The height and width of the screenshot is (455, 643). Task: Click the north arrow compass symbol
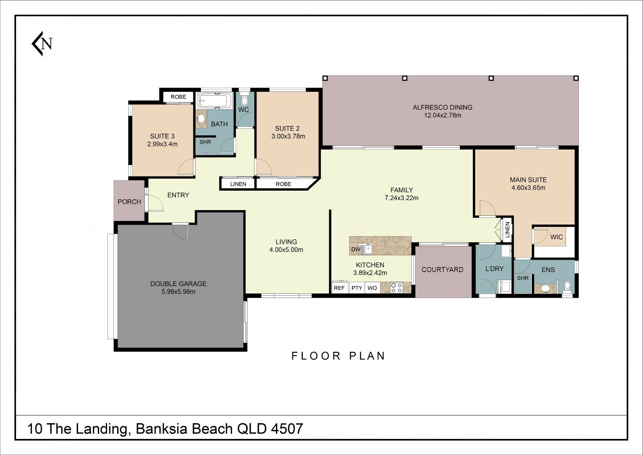pos(43,44)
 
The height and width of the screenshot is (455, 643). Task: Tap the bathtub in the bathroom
pos(215,101)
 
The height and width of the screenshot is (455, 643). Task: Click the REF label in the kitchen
pos(339,288)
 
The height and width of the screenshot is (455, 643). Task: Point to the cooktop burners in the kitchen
pos(397,288)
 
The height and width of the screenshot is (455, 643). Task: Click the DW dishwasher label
pos(356,249)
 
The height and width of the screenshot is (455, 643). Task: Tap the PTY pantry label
pos(357,288)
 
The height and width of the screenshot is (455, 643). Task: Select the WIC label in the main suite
pos(556,237)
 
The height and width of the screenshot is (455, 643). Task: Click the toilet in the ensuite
pos(567,287)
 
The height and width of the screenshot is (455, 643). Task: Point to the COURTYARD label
pos(442,270)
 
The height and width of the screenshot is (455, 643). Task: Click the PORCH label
pos(129,202)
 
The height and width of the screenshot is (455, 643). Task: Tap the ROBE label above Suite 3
pos(178,97)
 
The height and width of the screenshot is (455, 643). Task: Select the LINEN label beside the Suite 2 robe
pos(238,184)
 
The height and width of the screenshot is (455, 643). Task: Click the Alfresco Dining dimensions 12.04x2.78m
pos(442,115)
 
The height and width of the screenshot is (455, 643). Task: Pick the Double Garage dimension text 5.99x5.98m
pos(178,291)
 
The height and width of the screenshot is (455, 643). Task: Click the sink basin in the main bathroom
pos(201,118)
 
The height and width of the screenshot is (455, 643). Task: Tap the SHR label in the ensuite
pos(523,278)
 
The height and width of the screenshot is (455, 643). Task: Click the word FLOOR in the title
pos(316,355)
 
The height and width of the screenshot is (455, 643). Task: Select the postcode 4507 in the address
pos(287,429)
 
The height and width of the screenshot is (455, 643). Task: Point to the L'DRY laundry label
pos(494,268)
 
